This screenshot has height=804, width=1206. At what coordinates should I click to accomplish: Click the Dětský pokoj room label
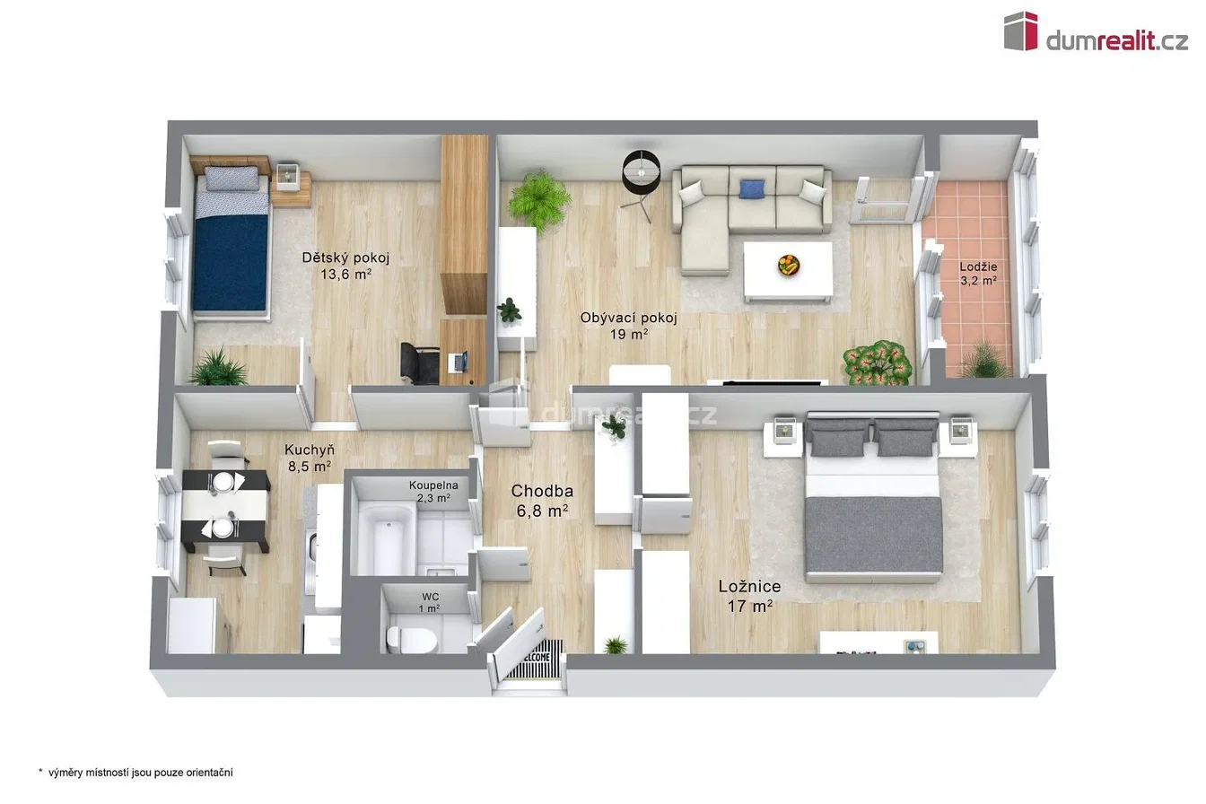click(x=345, y=258)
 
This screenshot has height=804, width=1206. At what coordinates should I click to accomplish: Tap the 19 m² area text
click(x=628, y=335)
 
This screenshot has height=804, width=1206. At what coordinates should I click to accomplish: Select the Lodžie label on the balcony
click(x=978, y=267)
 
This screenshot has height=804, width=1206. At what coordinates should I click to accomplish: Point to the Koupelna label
click(x=433, y=485)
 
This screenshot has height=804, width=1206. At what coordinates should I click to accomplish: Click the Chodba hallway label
click(x=542, y=491)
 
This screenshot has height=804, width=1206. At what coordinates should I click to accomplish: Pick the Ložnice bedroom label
click(x=749, y=587)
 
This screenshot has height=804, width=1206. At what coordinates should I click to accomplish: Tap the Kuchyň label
click(x=310, y=450)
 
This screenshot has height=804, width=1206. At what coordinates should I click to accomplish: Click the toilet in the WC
click(x=411, y=640)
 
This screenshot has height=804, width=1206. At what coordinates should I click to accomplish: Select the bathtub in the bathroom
click(x=387, y=538)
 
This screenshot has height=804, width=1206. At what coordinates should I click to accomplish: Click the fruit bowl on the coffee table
click(x=789, y=265)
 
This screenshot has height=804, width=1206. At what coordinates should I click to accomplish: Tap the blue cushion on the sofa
click(x=752, y=189)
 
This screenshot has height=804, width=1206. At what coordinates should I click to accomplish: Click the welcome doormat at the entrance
click(x=535, y=659)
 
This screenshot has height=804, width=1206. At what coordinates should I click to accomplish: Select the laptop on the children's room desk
click(x=459, y=362)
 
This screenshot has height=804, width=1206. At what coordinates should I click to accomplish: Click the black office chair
click(x=419, y=363)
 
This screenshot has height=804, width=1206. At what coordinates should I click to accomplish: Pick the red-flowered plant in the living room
click(x=877, y=363)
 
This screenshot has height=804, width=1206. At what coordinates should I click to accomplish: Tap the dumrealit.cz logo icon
click(x=1020, y=31)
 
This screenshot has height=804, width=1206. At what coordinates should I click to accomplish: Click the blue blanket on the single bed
click(x=231, y=263)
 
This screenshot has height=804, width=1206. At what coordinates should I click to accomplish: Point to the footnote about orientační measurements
click(x=135, y=773)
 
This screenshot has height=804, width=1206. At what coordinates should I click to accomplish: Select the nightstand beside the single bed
click(x=292, y=185)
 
